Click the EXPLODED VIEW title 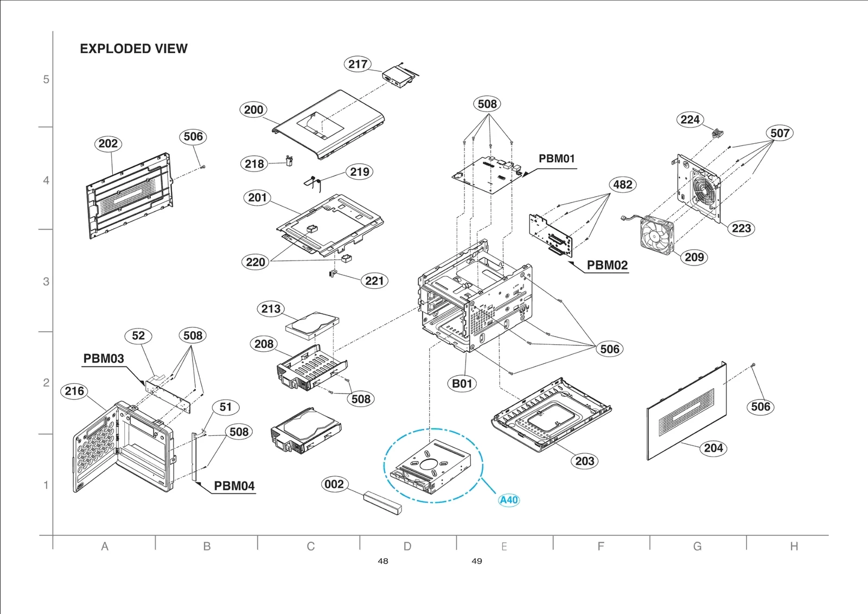pos(133,49)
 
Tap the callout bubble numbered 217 pos(358,64)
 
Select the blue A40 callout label pos(509,500)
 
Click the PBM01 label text pos(556,159)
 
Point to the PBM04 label pos(234,486)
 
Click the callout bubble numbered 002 pos(334,484)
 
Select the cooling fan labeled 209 pos(657,235)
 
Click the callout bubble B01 pos(462,383)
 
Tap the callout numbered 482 pos(622,185)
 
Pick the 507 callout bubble pos(780,133)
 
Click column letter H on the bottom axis pos(794,547)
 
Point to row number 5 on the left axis pos(46,79)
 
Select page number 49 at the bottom pos(477,561)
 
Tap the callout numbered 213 pos(271,309)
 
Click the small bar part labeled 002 pos(383,503)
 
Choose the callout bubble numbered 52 pos(138,336)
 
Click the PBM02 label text pos(607,265)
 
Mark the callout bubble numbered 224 pos(690,119)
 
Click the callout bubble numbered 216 pos(74,391)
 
